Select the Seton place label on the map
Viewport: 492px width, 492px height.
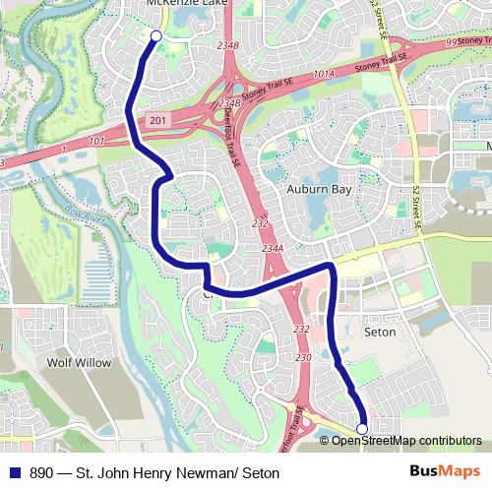(x=380, y=333)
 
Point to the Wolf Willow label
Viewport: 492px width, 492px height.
(x=80, y=362)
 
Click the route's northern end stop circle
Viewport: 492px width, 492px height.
(x=155, y=36)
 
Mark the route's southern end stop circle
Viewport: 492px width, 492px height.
(x=362, y=428)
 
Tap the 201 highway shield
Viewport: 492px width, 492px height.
(x=158, y=119)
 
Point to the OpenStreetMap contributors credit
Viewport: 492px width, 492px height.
(x=405, y=440)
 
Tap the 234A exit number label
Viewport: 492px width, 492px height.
(x=274, y=250)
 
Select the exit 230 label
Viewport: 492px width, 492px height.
(x=303, y=358)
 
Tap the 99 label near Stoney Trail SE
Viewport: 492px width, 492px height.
(x=451, y=42)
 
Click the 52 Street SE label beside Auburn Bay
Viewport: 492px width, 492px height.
(x=417, y=213)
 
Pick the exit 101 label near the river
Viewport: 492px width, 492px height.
(x=96, y=142)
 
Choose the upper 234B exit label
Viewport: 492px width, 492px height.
(x=229, y=46)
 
